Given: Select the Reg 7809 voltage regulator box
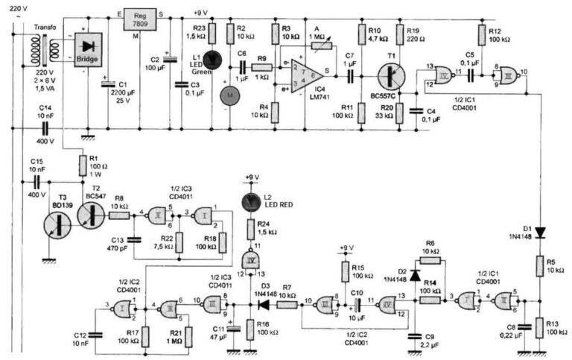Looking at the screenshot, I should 136,20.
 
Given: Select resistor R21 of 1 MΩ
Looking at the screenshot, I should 187,335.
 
